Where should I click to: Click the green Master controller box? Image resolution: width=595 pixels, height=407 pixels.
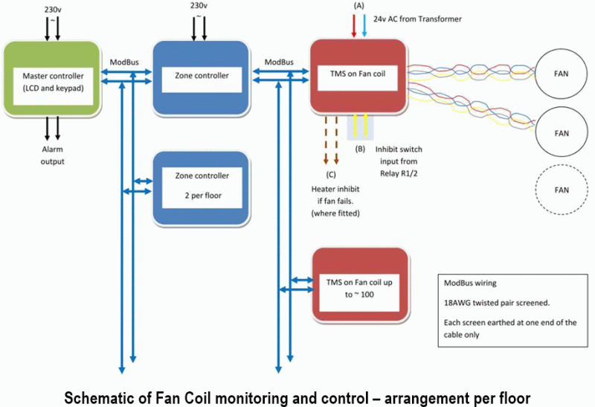(53, 80)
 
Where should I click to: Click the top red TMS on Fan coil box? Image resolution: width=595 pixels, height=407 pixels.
(357, 76)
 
